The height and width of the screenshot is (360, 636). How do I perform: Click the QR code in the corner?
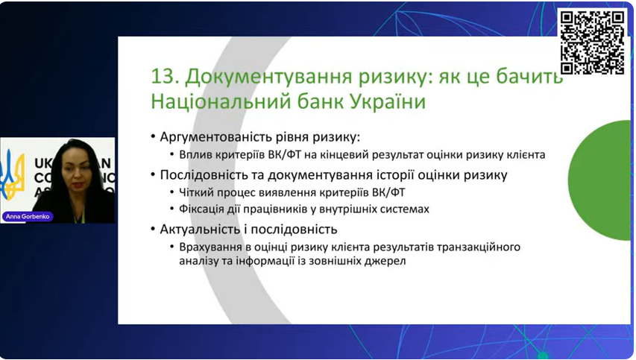coord(592,42)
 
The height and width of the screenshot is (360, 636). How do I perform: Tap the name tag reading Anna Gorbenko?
coord(28,216)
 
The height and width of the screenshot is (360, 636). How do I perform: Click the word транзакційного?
coord(479,247)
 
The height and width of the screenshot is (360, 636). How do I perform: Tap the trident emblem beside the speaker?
coord(12,174)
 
